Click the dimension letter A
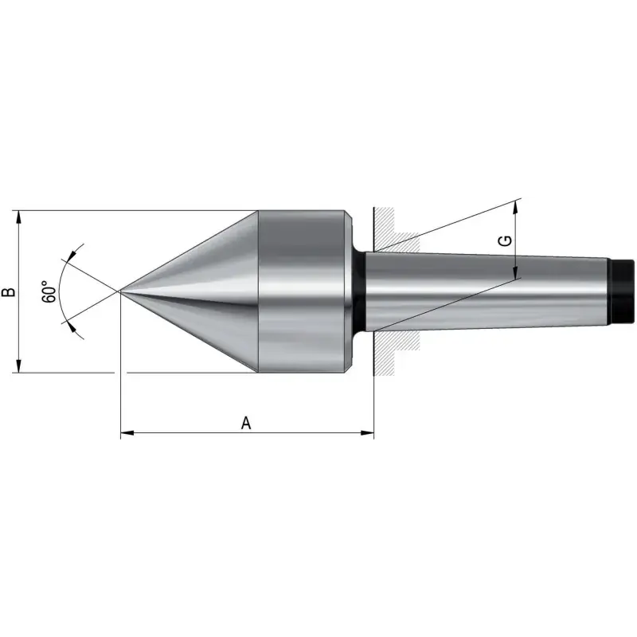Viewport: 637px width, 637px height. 246,423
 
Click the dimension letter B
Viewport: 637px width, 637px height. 10,291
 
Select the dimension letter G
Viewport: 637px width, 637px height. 505,241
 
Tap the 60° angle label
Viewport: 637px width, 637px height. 49,291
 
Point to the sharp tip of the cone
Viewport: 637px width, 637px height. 119,291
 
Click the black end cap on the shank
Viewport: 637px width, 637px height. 622,291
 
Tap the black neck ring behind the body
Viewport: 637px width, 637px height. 359,291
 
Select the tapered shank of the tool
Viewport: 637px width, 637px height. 487,291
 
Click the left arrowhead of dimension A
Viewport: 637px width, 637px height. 127,433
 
